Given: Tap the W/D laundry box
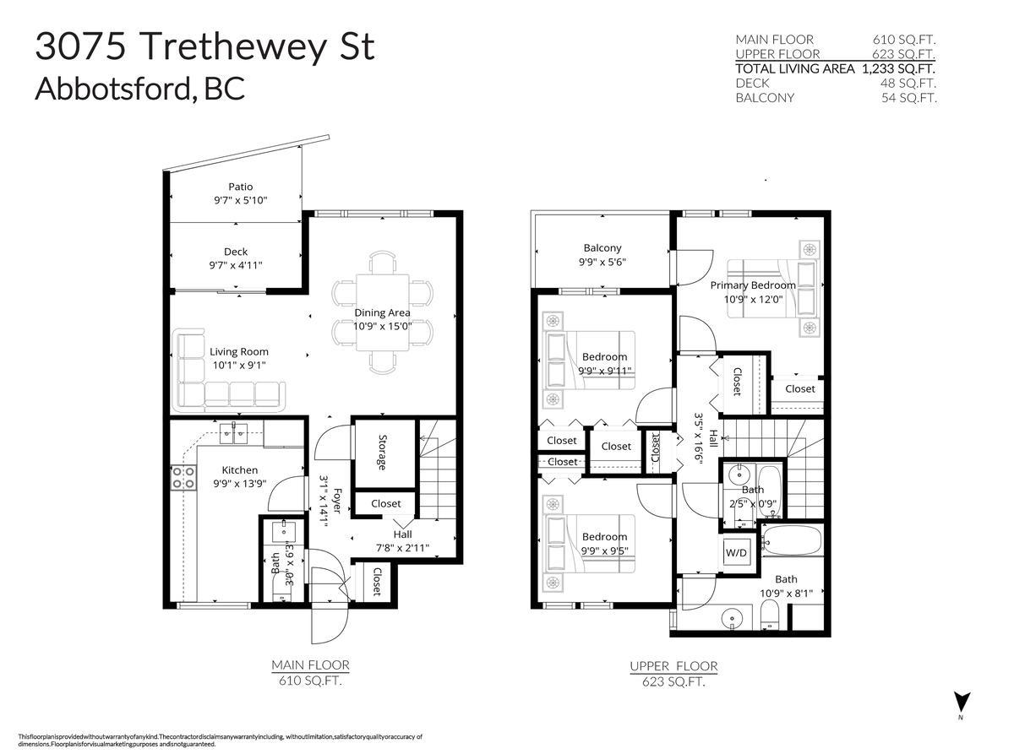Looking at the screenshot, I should coord(736,552).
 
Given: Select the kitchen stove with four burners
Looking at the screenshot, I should coord(183,478).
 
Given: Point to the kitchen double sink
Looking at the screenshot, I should coord(234,435).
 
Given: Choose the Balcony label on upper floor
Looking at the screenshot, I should coord(602,247).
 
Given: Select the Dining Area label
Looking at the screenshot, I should coord(382,312).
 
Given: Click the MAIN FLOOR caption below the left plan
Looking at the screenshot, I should coord(310,665).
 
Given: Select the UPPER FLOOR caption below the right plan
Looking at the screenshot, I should coord(673,666).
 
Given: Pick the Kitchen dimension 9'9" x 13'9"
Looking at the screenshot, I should coord(240,485).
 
